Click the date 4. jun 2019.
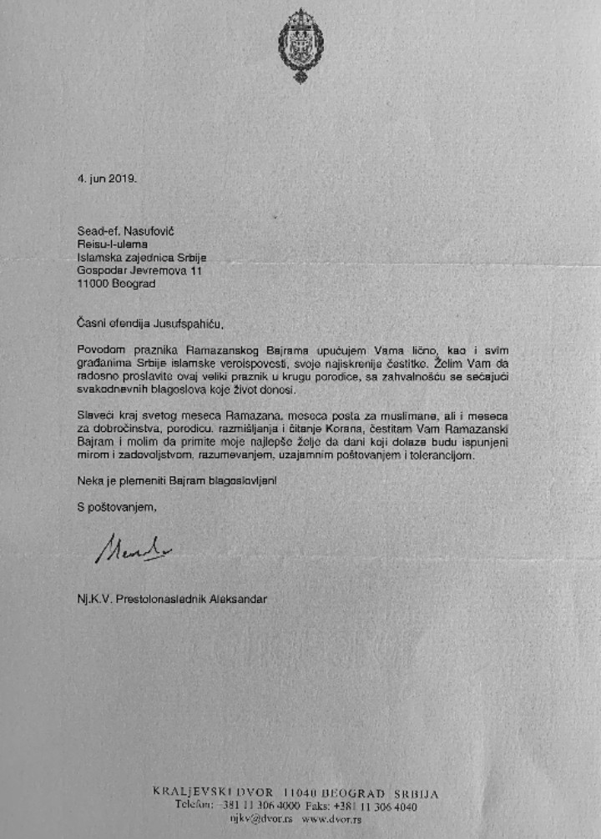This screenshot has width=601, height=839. click(108, 179)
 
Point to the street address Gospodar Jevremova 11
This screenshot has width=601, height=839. click(139, 270)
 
